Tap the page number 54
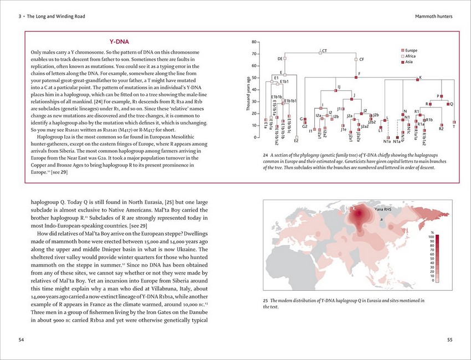[x=21, y=339]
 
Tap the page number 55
[x=449, y=339]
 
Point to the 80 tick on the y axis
[x=253, y=42]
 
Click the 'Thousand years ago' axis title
[x=249, y=94]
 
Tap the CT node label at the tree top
[x=325, y=51]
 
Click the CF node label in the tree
[x=361, y=59]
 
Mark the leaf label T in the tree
[x=454, y=127]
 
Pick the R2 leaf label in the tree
[x=441, y=128]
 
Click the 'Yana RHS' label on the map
[x=383, y=210]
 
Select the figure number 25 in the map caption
[x=265, y=301]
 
